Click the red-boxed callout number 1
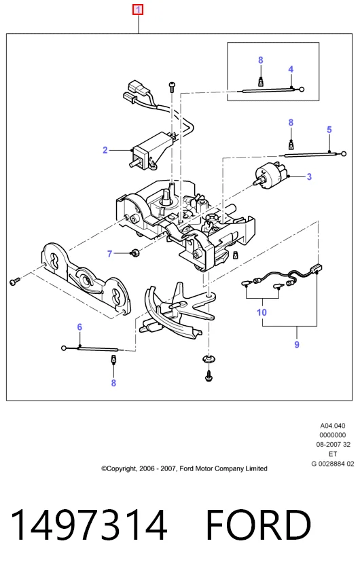pyautogui.click(x=138, y=10)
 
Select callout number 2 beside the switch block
pyautogui.click(x=105, y=150)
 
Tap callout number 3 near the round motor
pyautogui.click(x=309, y=177)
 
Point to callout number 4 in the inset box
pyautogui.click(x=291, y=69)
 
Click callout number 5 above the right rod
pyautogui.click(x=329, y=130)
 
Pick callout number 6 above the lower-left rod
pyautogui.click(x=79, y=327)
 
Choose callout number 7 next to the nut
pyautogui.click(x=109, y=254)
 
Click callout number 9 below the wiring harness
pyautogui.click(x=297, y=345)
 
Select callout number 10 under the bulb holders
pyautogui.click(x=262, y=312)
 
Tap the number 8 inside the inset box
pyautogui.click(x=261, y=60)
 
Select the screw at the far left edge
pyautogui.click(x=14, y=281)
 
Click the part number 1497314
pyautogui.click(x=89, y=525)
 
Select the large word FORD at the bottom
pyautogui.click(x=258, y=525)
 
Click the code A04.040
pyautogui.click(x=333, y=426)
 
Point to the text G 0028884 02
pyautogui.click(x=333, y=464)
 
